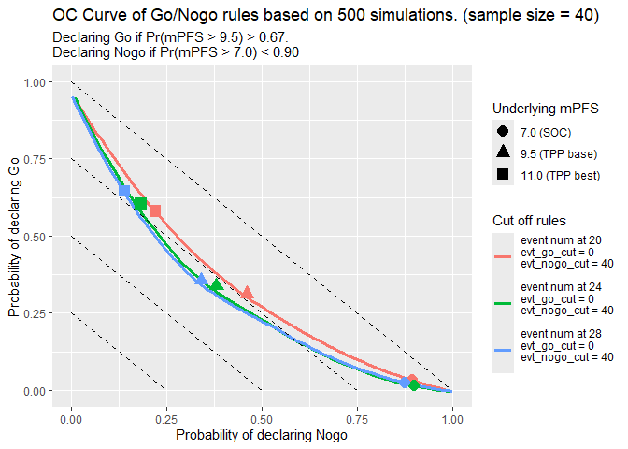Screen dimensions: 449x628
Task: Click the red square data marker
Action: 155,211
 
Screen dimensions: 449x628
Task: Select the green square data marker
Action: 140,204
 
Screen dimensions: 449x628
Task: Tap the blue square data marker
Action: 124,191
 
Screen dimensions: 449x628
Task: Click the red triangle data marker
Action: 247,293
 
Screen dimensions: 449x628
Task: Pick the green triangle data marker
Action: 216,284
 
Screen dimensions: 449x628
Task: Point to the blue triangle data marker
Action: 201,279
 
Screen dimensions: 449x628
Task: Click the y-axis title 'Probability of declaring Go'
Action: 13,237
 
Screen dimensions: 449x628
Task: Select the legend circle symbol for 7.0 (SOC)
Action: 503,132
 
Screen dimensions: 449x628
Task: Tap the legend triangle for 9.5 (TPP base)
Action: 503,152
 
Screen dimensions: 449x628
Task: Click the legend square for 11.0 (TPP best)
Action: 503,174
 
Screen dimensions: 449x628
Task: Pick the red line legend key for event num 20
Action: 503,253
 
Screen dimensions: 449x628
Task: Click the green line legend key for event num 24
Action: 503,302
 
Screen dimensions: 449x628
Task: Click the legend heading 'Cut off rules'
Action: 529,221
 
